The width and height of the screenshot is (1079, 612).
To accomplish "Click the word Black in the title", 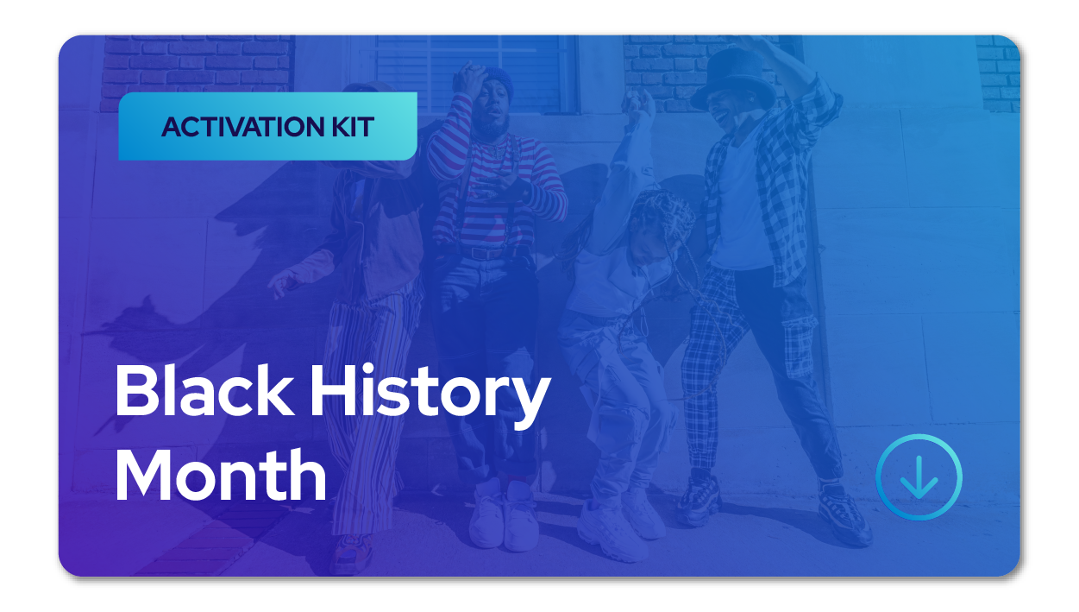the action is point(204,390).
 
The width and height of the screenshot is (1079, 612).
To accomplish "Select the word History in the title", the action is point(430,395).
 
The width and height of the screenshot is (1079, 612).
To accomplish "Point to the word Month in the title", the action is point(221,475).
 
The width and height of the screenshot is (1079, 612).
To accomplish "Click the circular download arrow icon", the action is point(919,477).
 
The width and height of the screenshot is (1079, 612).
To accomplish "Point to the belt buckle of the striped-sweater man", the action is point(480,253).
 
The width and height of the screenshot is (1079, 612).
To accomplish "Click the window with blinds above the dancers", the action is point(474,75).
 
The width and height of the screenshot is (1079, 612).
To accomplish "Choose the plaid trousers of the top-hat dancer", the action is point(713,366).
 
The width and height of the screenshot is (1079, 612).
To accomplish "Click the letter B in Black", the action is point(135,390).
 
